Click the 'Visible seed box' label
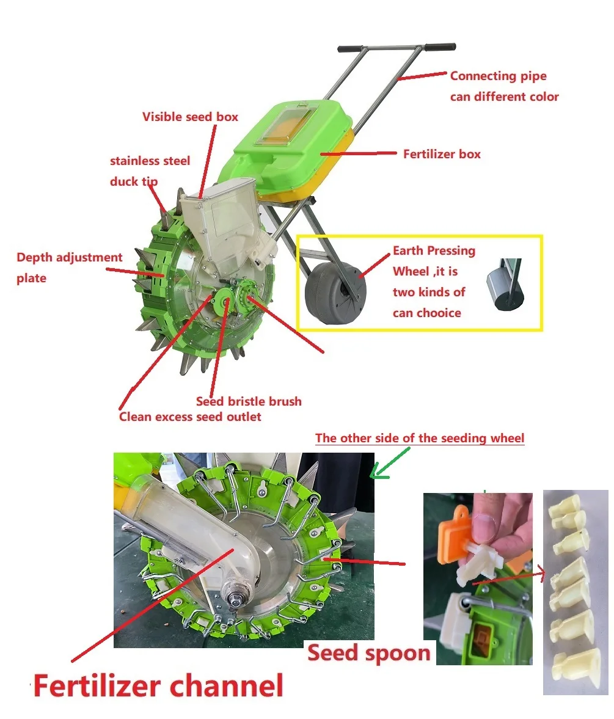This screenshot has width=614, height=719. [190, 117]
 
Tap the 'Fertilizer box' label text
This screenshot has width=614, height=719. [442, 154]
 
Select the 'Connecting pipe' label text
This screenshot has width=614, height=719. [498, 76]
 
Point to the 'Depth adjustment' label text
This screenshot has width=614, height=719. [69, 258]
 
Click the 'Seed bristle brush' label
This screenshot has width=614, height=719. [249, 401]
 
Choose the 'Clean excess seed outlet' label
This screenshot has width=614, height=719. [190, 417]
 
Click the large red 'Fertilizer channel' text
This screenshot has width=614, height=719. [158, 685]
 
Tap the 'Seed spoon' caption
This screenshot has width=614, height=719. [368, 652]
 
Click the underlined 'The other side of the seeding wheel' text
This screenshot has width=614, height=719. [420, 438]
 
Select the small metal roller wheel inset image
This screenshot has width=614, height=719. [505, 285]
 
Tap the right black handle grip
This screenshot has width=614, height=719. [440, 47]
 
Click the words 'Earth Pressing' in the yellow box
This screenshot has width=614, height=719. [434, 250]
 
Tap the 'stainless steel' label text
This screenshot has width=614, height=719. [150, 161]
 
